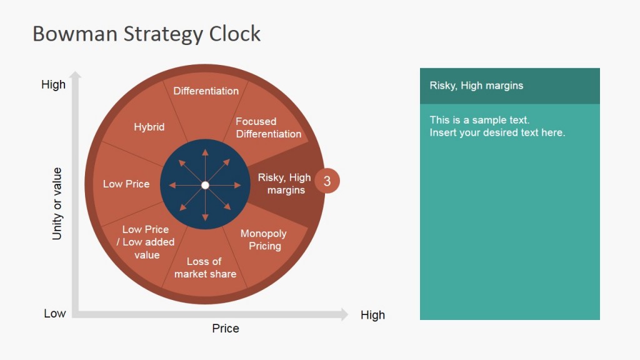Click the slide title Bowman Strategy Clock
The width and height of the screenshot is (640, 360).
point(146,34)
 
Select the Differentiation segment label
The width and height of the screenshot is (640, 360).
point(206,91)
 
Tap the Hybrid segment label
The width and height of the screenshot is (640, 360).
point(149,127)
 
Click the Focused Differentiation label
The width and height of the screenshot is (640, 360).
point(268,127)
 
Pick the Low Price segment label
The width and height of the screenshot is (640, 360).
point(126,184)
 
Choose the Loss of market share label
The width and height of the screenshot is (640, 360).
point(205,267)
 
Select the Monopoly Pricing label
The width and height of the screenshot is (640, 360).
point(264,239)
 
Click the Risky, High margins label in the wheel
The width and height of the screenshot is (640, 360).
point(284,184)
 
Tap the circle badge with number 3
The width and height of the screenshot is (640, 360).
point(327,182)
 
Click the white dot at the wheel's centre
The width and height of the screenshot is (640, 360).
point(205,185)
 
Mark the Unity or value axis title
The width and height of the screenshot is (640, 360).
point(57,204)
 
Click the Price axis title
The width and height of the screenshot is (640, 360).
point(226,328)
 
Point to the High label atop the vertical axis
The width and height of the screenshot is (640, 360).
point(53,84)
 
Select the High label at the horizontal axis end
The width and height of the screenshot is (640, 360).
point(372,315)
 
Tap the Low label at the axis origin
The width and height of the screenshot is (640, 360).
point(54,313)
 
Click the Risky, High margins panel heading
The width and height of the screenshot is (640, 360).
point(476,86)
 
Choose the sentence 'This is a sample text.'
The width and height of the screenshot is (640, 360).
point(479,120)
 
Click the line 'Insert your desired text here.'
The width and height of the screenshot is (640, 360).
point(497,132)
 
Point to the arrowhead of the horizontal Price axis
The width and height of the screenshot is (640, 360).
point(343,314)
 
